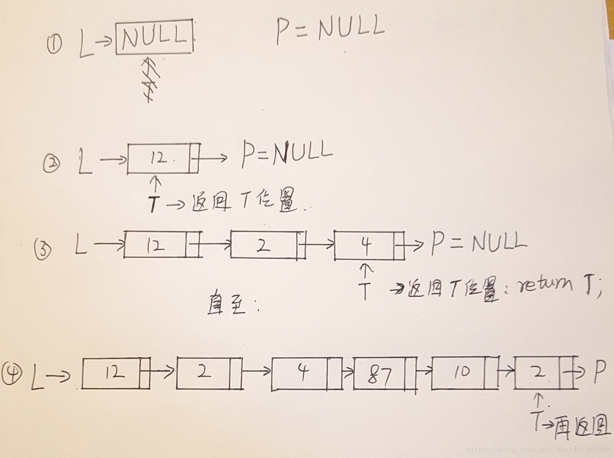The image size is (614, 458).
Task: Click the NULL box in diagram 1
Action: (x=154, y=37)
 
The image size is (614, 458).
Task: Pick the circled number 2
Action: (x=51, y=164)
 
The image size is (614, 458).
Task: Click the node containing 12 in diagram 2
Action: (x=163, y=158)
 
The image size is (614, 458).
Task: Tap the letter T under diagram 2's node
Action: (x=153, y=203)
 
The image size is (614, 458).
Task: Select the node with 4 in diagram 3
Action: (x=369, y=245)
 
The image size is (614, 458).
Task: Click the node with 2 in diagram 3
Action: (x=267, y=245)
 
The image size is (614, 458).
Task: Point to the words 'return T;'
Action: (x=559, y=285)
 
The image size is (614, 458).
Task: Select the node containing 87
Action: (x=385, y=373)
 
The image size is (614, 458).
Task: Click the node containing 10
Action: (x=464, y=372)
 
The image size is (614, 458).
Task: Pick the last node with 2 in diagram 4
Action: (x=545, y=372)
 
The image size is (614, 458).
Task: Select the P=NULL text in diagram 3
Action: (x=478, y=242)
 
